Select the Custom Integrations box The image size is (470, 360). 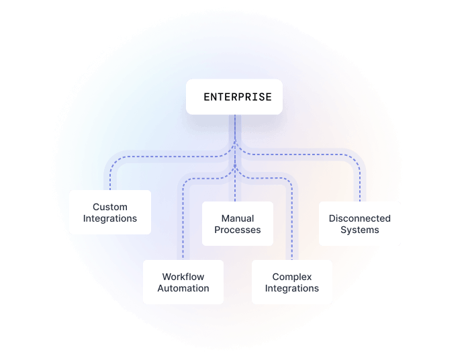pyautogui.click(x=110, y=212)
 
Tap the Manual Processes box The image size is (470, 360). pyautogui.click(x=238, y=224)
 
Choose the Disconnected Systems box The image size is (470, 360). pyautogui.click(x=359, y=224)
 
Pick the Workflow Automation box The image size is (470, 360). pyautogui.click(x=183, y=282)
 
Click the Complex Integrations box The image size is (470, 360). pyautogui.click(x=292, y=282)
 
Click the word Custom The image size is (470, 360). pyautogui.click(x=110, y=207)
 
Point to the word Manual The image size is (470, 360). pyautogui.click(x=238, y=218)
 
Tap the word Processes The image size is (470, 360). pyautogui.click(x=238, y=230)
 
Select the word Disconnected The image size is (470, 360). pyautogui.click(x=359, y=218)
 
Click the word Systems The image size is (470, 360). pyautogui.click(x=359, y=230)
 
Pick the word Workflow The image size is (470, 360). pyautogui.click(x=183, y=277)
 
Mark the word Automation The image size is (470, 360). pyautogui.click(x=183, y=288)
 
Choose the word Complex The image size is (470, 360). pyautogui.click(x=292, y=277)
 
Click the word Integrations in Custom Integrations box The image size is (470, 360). pyautogui.click(x=110, y=218)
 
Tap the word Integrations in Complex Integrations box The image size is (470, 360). pyautogui.click(x=292, y=288)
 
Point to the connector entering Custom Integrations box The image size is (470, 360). pyautogui.click(x=111, y=180)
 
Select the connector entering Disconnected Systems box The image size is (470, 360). pyautogui.click(x=360, y=188)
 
